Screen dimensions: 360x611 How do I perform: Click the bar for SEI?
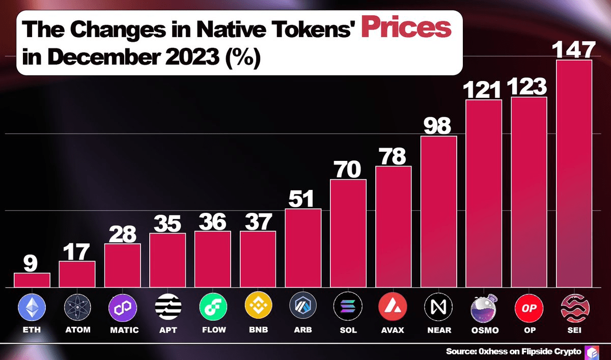point(574,173)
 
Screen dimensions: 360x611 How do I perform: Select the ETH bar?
point(32,280)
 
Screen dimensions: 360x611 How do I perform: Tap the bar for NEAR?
point(439,211)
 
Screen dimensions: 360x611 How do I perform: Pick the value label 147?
point(574,50)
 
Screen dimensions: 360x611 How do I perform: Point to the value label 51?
point(303,199)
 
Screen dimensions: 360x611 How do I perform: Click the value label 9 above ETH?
point(32,263)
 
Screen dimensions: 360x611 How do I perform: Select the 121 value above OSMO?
point(483,90)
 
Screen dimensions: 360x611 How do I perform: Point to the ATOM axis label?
point(77,330)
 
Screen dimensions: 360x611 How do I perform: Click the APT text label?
point(168,330)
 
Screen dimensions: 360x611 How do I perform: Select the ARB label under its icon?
point(303,330)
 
